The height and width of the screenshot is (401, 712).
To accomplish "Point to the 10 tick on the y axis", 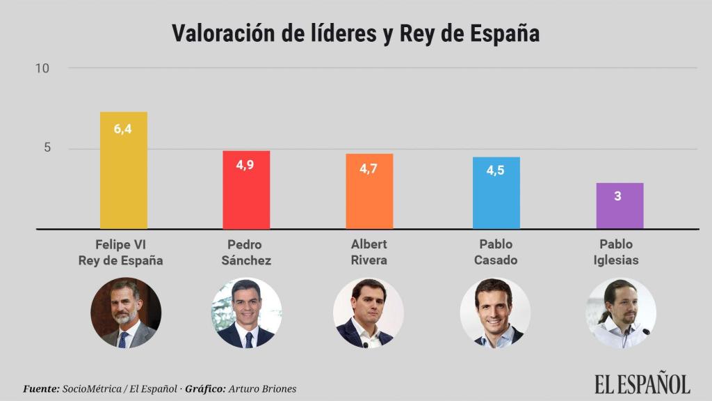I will click(42, 68).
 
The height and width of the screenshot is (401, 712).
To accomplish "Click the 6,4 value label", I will click(123, 129).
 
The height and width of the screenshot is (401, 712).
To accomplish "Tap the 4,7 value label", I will click(369, 168).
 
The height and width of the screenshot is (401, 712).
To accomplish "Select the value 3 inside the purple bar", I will click(617, 196).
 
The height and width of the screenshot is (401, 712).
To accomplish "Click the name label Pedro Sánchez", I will click(246, 252).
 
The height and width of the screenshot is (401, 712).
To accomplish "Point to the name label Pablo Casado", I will click(496, 252).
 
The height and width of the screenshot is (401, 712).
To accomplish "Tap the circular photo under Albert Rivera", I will click(368, 313).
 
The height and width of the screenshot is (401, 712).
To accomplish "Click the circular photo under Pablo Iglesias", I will click(620, 313).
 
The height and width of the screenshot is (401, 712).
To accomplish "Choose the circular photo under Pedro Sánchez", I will click(246, 313).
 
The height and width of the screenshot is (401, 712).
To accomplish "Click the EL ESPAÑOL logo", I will click(642, 384).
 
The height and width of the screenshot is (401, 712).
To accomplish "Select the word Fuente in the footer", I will click(41, 388).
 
